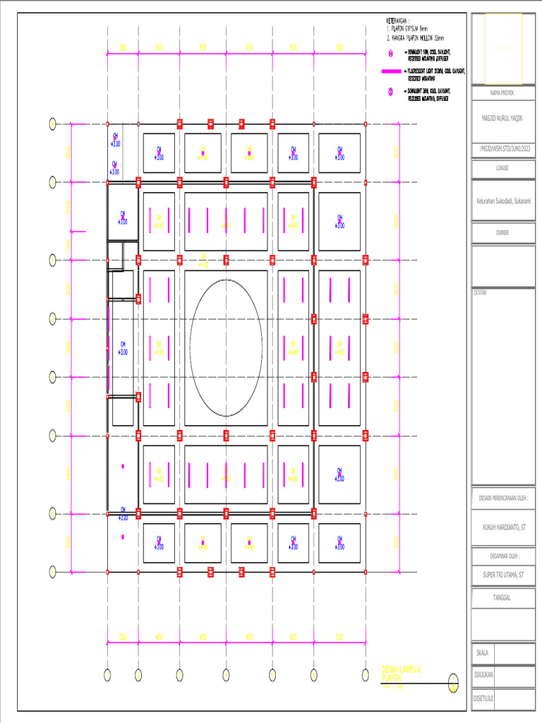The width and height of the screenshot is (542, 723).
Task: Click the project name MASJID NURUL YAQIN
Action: (x=503, y=119)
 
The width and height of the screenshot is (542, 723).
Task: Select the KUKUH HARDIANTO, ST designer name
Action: (x=503, y=527)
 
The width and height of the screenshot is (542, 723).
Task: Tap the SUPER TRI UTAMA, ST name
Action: (x=503, y=576)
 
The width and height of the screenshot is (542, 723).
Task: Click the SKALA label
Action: (x=482, y=653)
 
